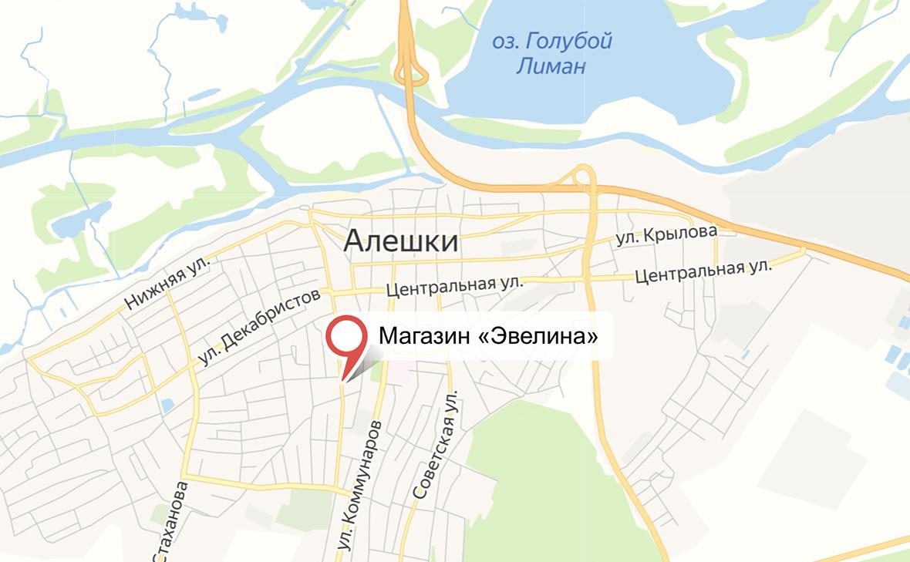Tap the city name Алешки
400,241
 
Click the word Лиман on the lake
550,66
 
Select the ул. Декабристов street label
258,328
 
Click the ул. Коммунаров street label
359,485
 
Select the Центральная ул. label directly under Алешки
454,286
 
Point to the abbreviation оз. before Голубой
504,40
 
